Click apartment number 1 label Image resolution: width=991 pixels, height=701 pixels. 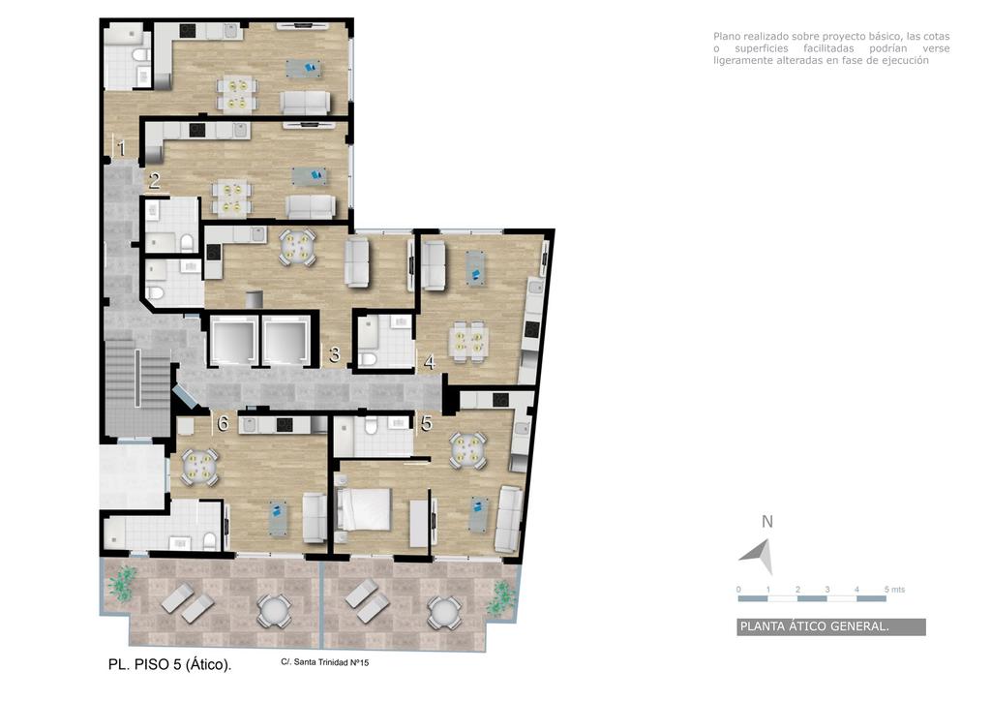coord(121,148)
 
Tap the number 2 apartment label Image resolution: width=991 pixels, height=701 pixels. coord(154,181)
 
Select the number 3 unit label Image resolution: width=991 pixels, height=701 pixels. coord(334,354)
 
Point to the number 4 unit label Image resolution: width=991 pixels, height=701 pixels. coord(429,363)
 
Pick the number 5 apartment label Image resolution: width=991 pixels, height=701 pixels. coord(427,423)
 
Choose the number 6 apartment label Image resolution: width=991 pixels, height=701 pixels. coord(223,423)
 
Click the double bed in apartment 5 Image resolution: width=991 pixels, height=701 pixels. coord(364,509)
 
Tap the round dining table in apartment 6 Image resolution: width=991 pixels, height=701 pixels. coord(199,466)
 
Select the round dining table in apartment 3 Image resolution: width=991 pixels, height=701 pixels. coord(298,247)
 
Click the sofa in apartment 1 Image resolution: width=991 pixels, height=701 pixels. coord(305,103)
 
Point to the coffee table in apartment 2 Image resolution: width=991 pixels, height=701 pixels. coord(310,175)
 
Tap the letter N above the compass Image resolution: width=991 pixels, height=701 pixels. coord(767,522)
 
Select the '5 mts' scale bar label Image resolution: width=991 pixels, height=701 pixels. coord(894,589)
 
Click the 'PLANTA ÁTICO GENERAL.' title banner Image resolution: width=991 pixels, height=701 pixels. coord(831,626)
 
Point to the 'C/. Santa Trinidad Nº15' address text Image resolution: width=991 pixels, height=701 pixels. coord(325,662)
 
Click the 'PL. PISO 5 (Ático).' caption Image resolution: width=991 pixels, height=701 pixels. coord(170,664)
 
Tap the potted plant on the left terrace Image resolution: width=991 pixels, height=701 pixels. coord(122,582)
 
